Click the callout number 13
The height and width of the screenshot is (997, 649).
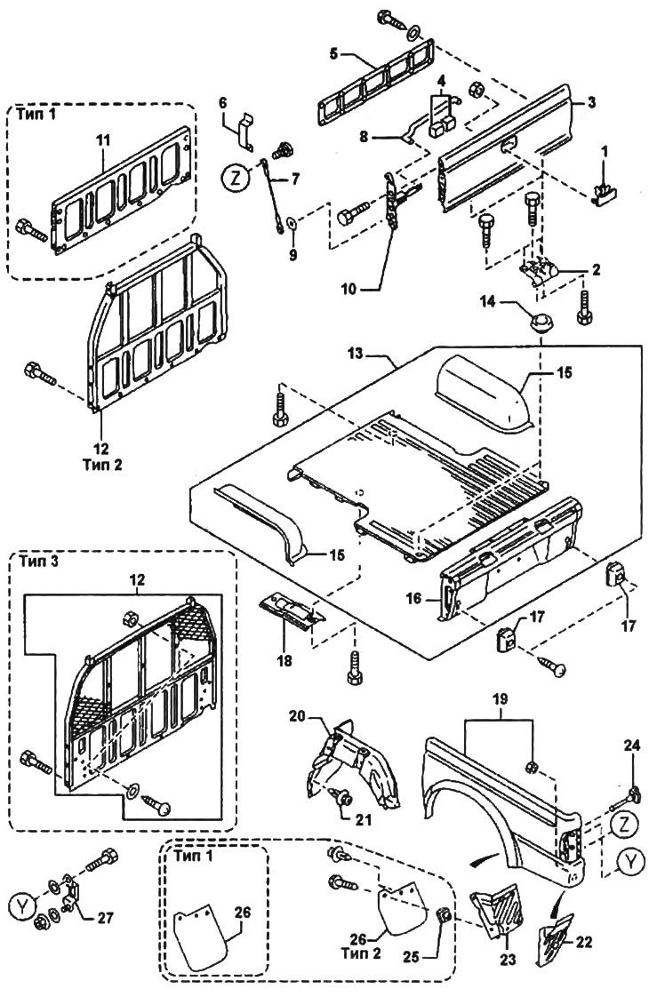pos(355,355)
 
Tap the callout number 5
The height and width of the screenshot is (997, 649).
pos(334,52)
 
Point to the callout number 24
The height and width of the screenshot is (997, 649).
pos(632,747)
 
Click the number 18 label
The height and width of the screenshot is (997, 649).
pos(284,661)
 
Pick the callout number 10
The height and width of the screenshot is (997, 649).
pos(349,290)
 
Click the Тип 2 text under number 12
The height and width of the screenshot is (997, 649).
pos(102,464)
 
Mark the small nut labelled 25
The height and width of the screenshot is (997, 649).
pos(445,915)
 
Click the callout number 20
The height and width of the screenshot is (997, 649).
pos(298,716)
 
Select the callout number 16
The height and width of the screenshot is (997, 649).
pos(414,598)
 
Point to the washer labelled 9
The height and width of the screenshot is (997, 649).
pos(292,223)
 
